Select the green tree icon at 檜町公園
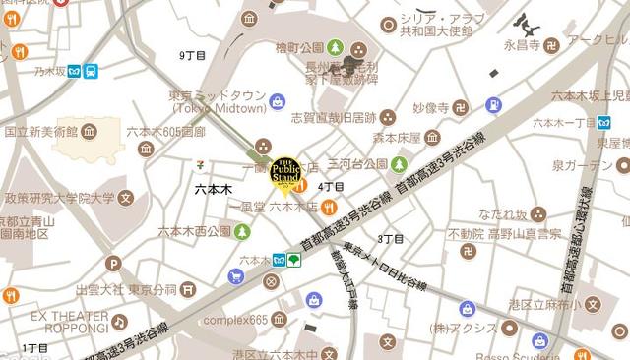pos(335,47)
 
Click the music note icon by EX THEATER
pos(119,322)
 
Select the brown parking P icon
pos(113,264)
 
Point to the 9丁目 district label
pos(193,56)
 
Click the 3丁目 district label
pos(391,238)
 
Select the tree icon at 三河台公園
pos(400,164)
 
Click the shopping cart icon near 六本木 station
pos(236,276)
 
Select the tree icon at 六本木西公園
pos(242,231)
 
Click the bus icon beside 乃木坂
pos(91,71)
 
